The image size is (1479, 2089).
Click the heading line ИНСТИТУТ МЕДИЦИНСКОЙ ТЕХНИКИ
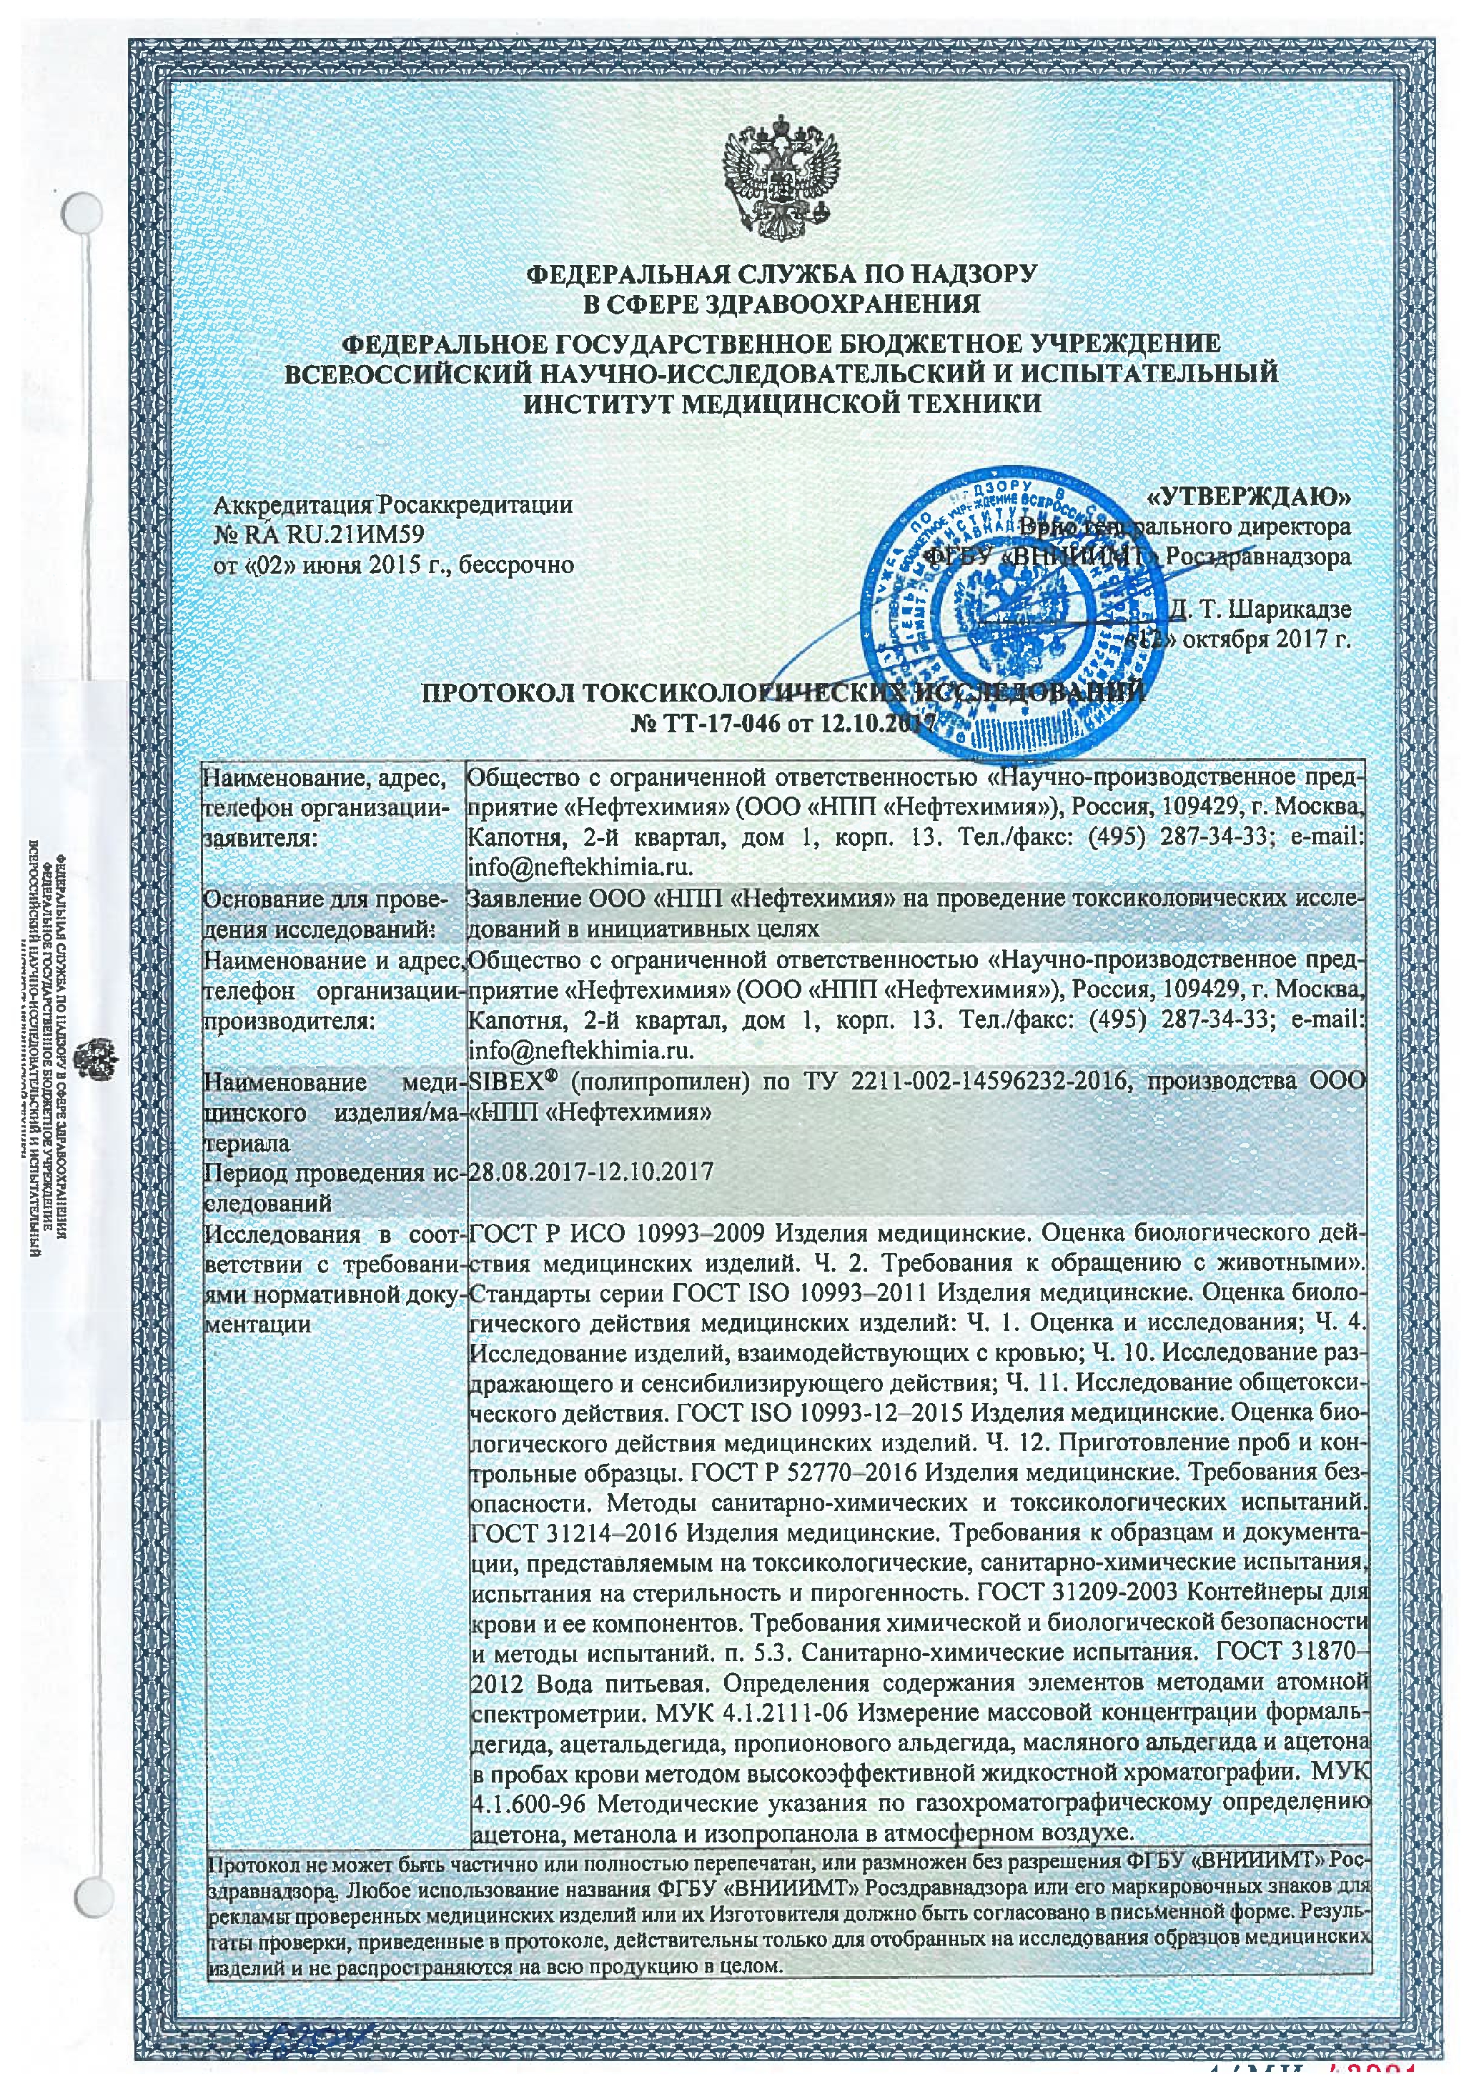(x=781, y=403)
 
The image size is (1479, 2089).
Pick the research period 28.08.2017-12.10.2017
(x=590, y=1170)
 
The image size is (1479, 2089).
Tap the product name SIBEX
(x=505, y=1082)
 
